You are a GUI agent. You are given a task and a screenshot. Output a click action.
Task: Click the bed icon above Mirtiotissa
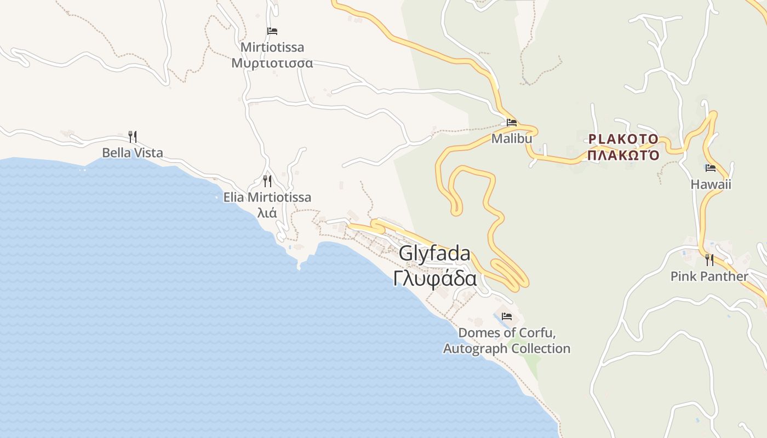coord(272,31)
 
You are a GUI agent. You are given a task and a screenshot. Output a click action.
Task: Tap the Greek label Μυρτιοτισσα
coord(272,63)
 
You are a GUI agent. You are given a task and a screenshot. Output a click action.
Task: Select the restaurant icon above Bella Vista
coord(132,137)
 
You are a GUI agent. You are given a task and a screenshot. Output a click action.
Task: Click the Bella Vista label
coord(133,153)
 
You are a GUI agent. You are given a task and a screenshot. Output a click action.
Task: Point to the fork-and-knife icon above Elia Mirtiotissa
coord(267,181)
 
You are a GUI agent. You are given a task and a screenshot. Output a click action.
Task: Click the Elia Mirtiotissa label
coord(267,197)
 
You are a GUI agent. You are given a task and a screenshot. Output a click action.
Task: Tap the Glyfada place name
coord(434,254)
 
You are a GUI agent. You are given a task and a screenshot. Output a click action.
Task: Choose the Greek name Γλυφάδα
coord(434,279)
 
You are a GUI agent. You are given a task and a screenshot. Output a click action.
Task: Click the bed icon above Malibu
coord(512,123)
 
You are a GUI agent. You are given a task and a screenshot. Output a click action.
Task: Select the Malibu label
coord(512,139)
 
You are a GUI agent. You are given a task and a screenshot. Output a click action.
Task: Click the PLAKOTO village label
coord(623,139)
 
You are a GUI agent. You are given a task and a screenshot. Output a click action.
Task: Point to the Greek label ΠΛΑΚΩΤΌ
coord(623,155)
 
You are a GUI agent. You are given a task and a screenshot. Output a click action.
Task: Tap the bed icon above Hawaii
coord(711,168)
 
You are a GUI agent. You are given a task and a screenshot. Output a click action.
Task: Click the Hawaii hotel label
coord(711,185)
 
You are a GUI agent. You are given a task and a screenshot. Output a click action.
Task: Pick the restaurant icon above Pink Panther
coord(709,260)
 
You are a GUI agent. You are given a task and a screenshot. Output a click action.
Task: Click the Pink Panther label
coord(709,276)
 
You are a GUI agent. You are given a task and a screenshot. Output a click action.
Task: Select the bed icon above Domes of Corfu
coord(507,316)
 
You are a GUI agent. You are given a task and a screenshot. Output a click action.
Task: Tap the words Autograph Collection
coord(507,349)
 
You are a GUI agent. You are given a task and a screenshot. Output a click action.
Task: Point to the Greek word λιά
coord(267,213)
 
